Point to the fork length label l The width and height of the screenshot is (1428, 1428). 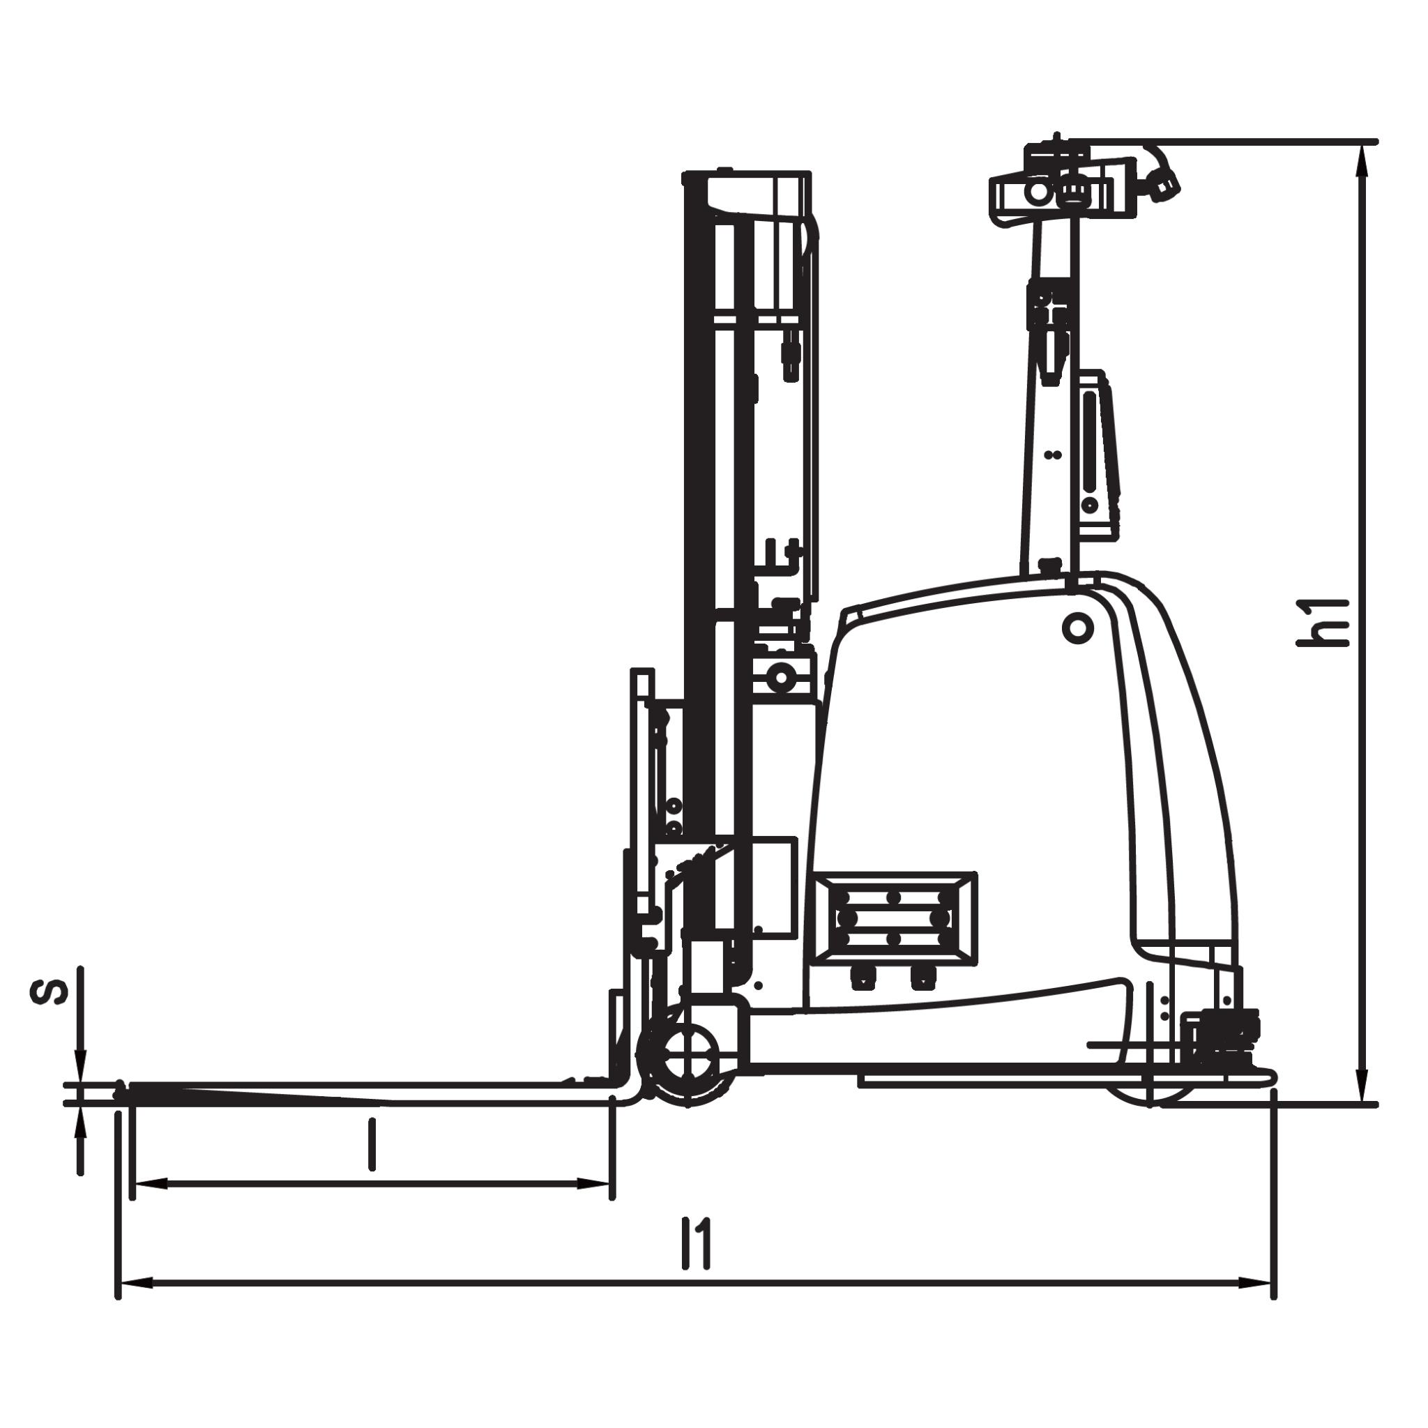pos(372,1144)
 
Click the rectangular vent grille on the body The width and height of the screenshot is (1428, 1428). pos(893,919)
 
